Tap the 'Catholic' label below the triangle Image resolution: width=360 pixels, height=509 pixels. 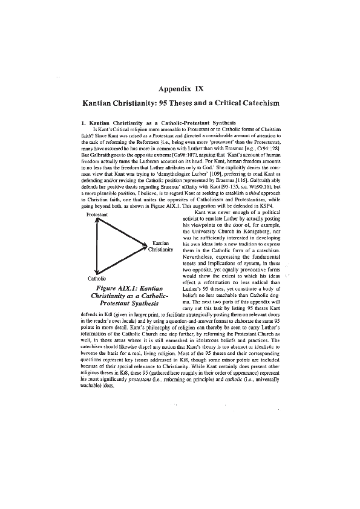[97, 278]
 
